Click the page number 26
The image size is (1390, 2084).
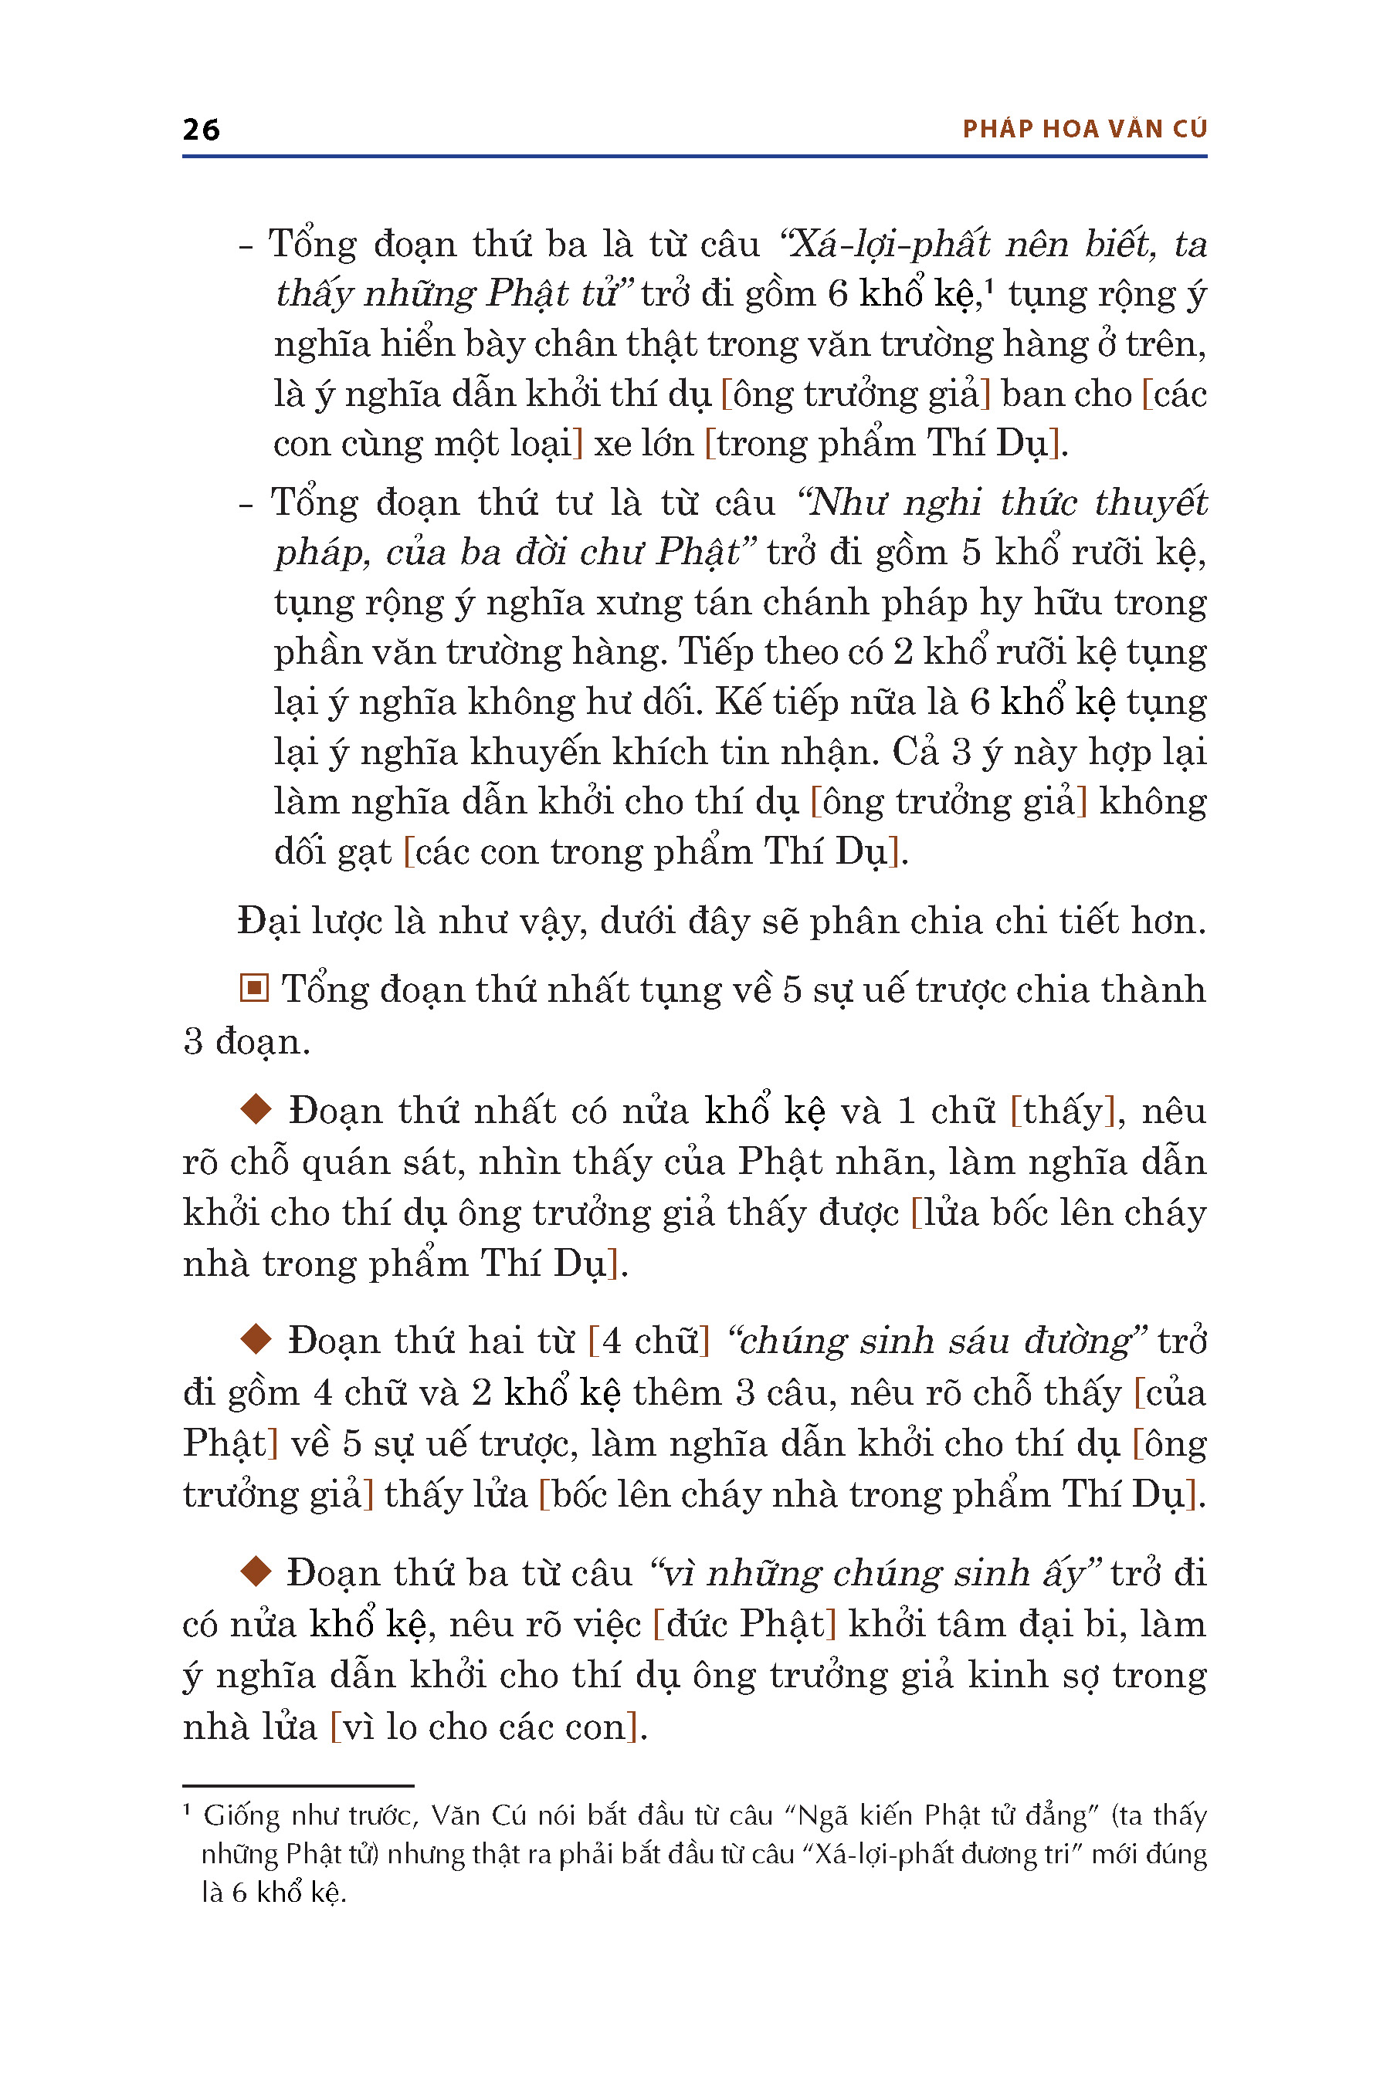pos(202,130)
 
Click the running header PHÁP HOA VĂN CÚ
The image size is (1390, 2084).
pos(1084,130)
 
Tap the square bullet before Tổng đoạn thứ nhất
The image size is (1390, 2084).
pos(254,988)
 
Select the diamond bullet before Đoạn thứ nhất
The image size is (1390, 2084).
pos(256,1109)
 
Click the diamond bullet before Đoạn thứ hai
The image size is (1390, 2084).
pos(256,1340)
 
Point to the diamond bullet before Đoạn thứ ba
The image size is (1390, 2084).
pos(256,1571)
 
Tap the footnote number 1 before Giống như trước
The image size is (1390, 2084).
pos(187,1809)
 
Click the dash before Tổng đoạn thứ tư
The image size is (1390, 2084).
pos(246,503)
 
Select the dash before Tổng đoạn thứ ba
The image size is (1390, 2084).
pos(246,245)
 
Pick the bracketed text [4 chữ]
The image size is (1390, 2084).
pos(649,1341)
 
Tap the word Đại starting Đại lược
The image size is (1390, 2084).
pos(269,922)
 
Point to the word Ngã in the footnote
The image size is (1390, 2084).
pos(826,1816)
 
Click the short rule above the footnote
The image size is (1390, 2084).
pos(298,1785)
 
